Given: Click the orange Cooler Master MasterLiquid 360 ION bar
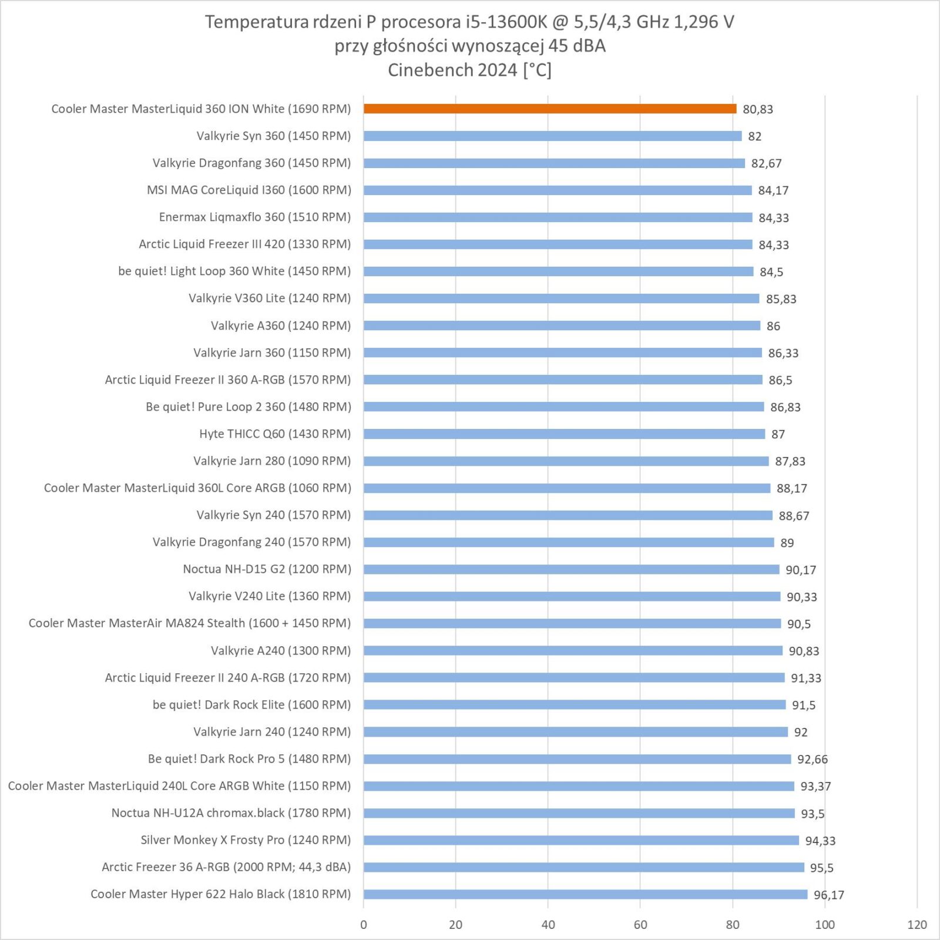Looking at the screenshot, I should coord(549,109).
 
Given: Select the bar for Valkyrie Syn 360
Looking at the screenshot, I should coord(552,136).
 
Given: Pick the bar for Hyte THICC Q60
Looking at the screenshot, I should coord(564,434).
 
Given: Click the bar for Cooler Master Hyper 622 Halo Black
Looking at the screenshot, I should coord(585,894).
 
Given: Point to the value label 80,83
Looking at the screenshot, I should coord(757,109).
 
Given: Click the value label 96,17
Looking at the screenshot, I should coord(828,895).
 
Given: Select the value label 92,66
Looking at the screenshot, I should coord(812,759).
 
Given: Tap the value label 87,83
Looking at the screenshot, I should coord(790,461).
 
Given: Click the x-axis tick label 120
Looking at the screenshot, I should coord(916,925).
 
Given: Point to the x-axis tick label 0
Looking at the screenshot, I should coord(364,925).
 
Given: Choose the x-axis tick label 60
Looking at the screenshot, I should coord(640,925).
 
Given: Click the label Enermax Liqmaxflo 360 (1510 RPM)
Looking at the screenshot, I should coord(254,217).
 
